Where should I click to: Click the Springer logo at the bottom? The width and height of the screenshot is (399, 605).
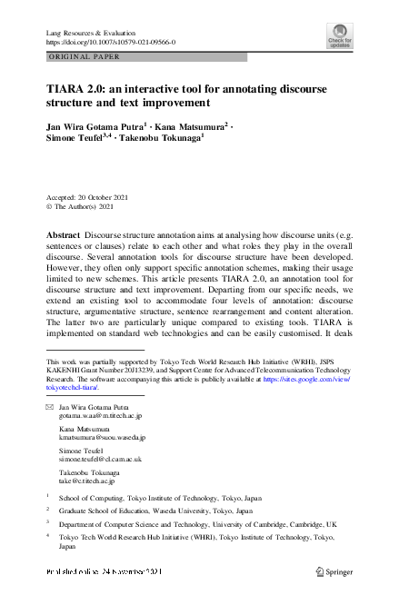click(334, 571)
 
